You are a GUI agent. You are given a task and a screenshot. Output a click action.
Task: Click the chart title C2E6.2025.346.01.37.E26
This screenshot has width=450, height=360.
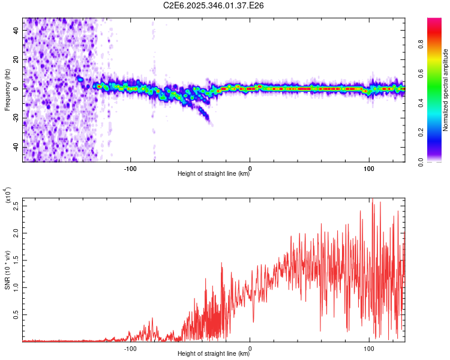coord(214,5)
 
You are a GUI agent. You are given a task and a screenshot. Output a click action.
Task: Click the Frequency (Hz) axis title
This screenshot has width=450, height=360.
coord(7,90)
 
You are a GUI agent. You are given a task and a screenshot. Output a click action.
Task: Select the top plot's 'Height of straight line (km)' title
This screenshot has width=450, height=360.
coord(214,174)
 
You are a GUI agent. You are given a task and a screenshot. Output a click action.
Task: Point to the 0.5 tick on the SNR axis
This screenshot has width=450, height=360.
coord(17,314)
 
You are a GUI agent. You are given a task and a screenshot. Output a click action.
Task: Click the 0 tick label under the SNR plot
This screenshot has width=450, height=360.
coord(250,348)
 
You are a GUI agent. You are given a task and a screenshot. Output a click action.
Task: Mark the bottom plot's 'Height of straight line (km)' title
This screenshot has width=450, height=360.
coord(214,353)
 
